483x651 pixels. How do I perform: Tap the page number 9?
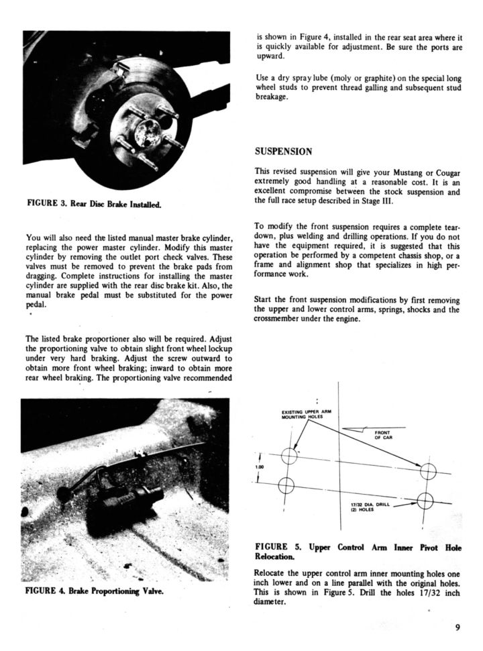pyautogui.click(x=457, y=628)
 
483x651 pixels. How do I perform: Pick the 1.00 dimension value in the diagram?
pyautogui.click(x=260, y=467)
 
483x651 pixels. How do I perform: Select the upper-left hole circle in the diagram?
pyautogui.click(x=289, y=456)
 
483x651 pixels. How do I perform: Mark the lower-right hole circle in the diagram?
pyautogui.click(x=427, y=500)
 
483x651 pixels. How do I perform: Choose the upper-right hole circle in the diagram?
pyautogui.click(x=428, y=472)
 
